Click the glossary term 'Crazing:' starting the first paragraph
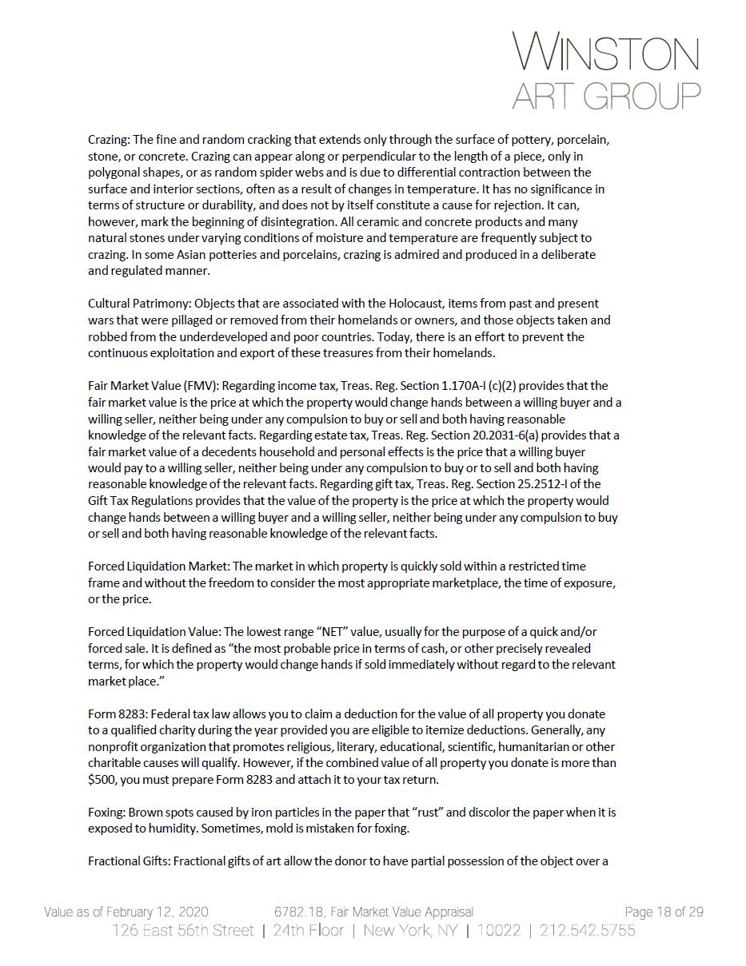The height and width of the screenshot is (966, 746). point(109,140)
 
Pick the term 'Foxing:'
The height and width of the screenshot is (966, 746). point(106,813)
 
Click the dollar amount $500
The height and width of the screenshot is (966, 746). point(102,780)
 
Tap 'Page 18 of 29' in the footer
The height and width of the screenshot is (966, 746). point(664,912)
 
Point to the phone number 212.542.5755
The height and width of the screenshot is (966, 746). point(588,930)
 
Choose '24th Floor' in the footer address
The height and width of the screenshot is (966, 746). point(309,930)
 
